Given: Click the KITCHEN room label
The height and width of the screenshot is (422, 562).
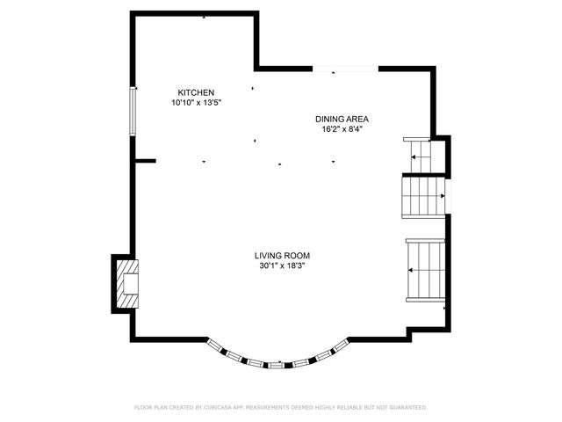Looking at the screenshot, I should tap(196, 92).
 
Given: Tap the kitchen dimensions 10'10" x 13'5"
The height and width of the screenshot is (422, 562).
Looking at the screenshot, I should tap(196, 103).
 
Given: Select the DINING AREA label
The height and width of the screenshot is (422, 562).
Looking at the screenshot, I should tap(342, 119).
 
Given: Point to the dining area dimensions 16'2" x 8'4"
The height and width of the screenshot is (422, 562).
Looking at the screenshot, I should tap(342, 129).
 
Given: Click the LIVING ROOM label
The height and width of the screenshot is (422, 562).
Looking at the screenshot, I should tap(282, 255).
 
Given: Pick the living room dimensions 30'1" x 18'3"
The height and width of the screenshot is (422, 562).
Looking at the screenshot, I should tap(282, 266).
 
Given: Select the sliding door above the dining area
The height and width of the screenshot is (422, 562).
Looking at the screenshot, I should tap(346, 68).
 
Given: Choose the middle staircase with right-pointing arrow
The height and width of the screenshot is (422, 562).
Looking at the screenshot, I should tap(423, 196).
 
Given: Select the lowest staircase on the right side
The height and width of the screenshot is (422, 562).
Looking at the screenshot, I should tap(426, 268).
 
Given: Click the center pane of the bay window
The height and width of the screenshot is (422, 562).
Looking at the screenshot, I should tap(276, 364).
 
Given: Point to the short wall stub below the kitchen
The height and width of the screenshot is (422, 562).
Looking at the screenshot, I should tap(145, 161).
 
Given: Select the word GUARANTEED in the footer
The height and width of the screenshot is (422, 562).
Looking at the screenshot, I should tap(405, 408).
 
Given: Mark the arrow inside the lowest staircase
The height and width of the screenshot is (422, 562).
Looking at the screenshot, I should tap(413, 270).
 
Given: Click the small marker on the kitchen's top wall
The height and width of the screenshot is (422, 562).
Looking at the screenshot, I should tap(205, 17).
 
